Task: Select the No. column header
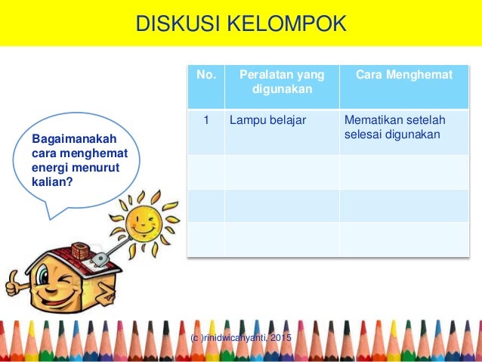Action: coord(205,76)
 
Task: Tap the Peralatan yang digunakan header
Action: coord(281,82)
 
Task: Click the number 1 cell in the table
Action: coord(205,119)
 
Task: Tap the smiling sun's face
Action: coord(144,220)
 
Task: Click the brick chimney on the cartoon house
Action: coord(82,251)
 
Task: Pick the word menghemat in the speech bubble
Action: coord(82,154)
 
